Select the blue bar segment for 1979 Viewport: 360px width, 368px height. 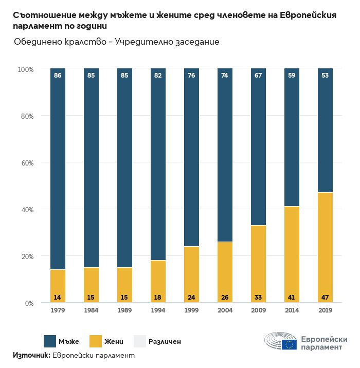click(x=58, y=170)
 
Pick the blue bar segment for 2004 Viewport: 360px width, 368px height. click(x=225, y=154)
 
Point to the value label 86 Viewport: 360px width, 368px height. click(x=58, y=76)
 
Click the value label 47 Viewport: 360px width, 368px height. click(x=325, y=297)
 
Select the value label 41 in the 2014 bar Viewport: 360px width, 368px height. click(x=292, y=297)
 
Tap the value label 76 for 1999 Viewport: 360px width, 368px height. click(x=191, y=76)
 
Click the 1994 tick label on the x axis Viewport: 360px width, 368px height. click(x=158, y=310)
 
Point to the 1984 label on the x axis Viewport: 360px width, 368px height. click(x=91, y=310)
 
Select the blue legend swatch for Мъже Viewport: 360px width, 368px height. click(x=50, y=341)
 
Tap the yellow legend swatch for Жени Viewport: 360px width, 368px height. click(x=96, y=341)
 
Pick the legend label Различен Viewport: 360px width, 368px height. click(x=165, y=341)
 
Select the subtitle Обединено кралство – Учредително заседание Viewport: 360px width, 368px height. click(x=117, y=42)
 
